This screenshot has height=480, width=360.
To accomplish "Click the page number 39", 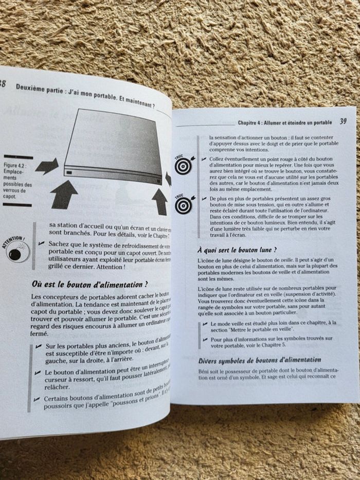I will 343,122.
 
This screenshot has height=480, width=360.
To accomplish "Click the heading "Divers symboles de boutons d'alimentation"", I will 260,360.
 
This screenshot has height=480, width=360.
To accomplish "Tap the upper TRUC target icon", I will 183,164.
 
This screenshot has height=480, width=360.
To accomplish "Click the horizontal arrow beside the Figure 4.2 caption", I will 47,166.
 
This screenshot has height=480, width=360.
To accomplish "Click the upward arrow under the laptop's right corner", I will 160,201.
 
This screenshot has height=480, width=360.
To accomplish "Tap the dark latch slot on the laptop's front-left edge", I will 68,172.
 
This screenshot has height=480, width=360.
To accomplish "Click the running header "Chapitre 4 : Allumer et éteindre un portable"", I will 284,123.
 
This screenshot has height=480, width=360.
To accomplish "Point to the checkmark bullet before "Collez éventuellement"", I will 204,159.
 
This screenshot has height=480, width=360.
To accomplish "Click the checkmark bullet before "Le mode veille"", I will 205,323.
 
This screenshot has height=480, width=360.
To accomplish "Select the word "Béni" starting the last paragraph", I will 205,371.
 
